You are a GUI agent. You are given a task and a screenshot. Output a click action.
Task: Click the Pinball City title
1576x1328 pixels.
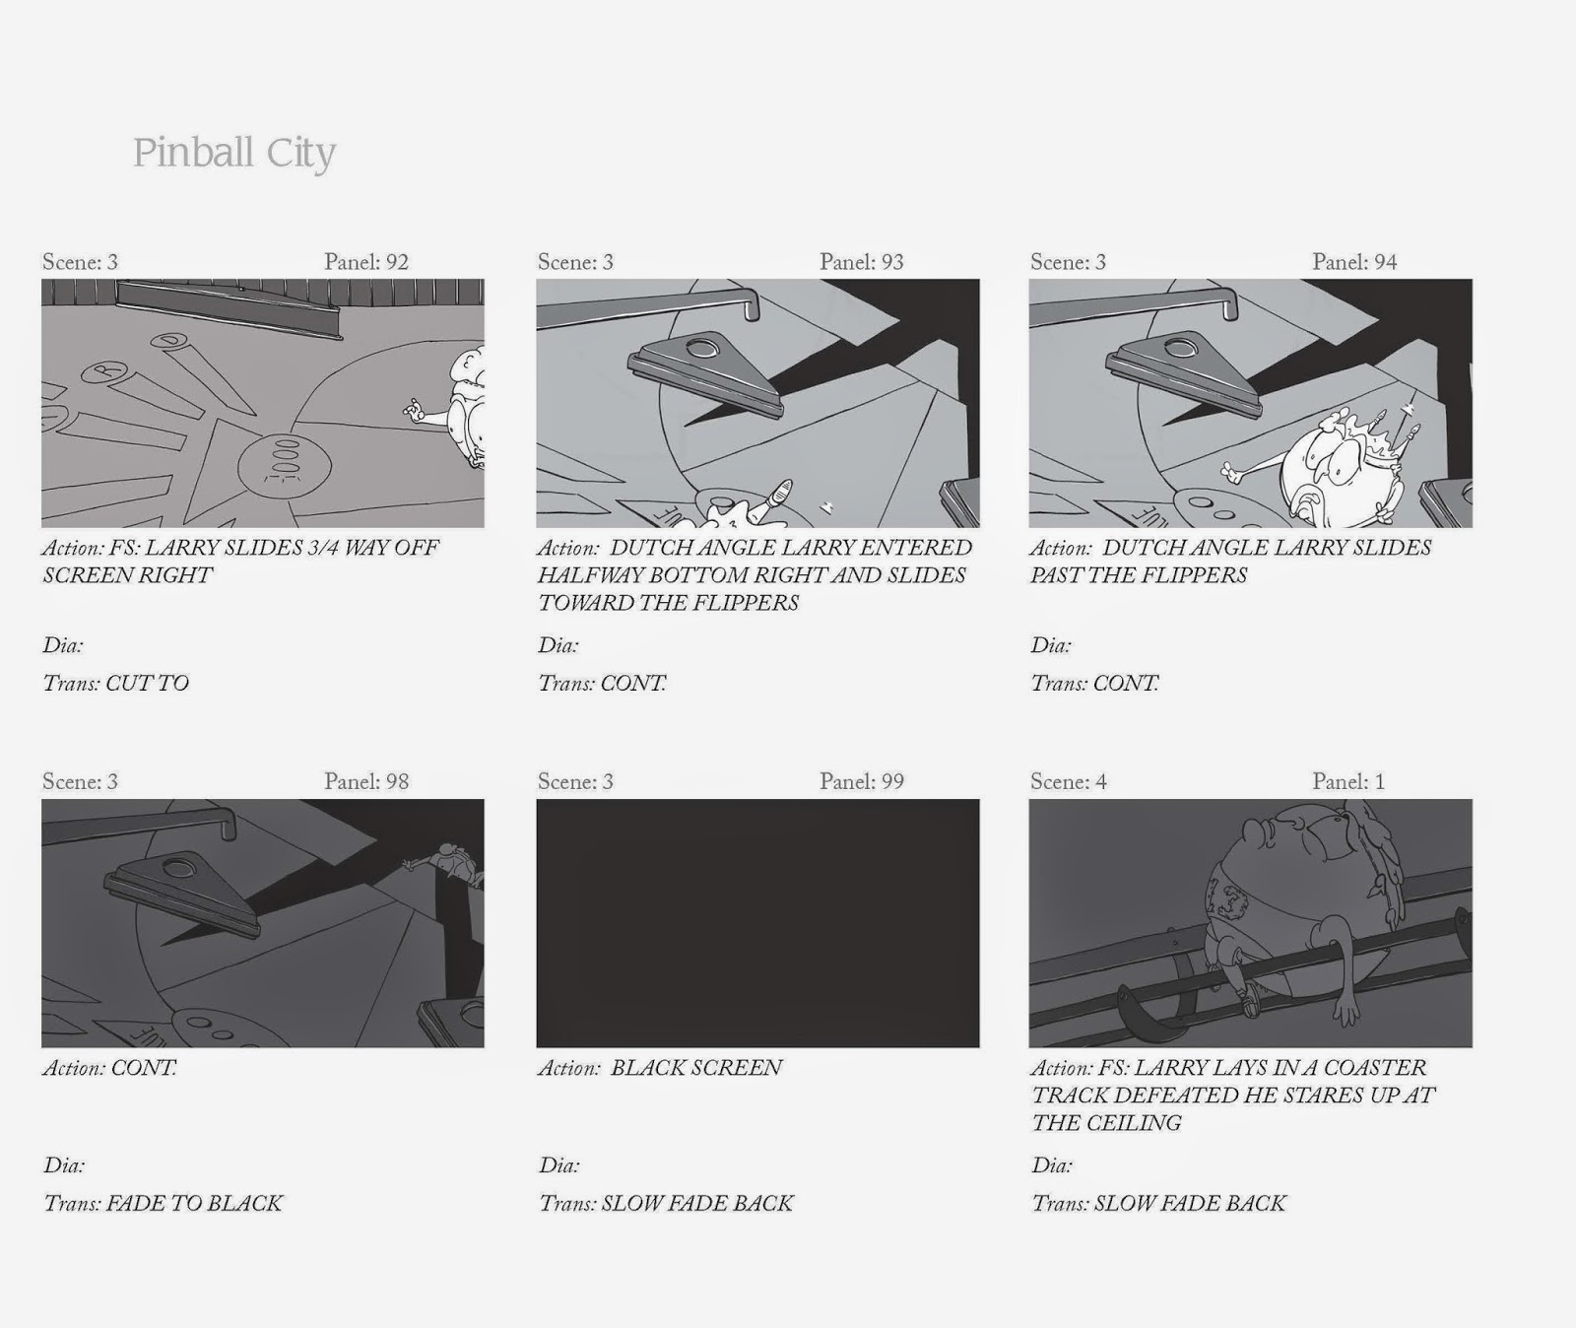tap(234, 154)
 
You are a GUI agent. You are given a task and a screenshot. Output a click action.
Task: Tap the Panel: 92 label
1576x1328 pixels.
tap(366, 262)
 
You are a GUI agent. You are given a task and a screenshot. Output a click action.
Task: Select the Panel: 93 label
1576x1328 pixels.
tap(862, 262)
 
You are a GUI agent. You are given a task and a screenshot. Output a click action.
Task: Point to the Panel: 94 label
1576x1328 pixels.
tap(1354, 262)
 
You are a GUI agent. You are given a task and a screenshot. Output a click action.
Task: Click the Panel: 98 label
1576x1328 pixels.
tap(366, 781)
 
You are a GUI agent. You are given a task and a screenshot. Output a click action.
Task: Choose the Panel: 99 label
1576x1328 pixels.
tap(862, 781)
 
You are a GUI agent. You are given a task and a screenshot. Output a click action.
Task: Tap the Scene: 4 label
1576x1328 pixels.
tap(1069, 781)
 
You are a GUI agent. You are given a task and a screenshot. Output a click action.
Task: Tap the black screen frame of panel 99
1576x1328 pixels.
tap(757, 923)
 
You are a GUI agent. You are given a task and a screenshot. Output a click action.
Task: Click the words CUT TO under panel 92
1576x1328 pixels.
tap(147, 684)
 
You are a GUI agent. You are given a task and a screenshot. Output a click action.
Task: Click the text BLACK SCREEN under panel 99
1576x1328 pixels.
tap(696, 1068)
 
